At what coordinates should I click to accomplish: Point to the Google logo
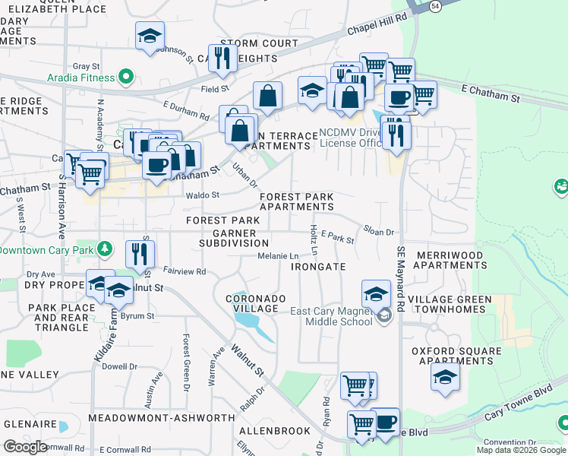[x=25, y=447]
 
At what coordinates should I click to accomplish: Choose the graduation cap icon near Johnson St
[x=150, y=36]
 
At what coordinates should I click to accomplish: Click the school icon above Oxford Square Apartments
[x=444, y=376]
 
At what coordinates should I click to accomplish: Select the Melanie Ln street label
[x=276, y=256]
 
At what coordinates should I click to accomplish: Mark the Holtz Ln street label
[x=313, y=239]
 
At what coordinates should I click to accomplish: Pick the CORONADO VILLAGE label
[x=256, y=303]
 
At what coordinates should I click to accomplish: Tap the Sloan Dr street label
[x=378, y=232]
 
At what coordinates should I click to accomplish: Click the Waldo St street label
[x=203, y=195]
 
